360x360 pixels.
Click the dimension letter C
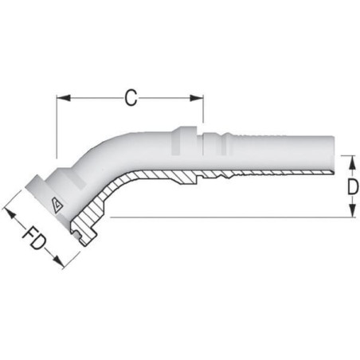coord(131,98)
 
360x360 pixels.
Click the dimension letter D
coord(353,186)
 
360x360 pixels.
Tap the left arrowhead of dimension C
coord(64,98)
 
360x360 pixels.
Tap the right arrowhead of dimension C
coord(197,98)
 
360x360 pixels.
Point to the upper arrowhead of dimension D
coord(352,162)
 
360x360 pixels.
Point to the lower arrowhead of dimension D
coord(352,210)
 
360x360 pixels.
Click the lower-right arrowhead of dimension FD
coord(58,261)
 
